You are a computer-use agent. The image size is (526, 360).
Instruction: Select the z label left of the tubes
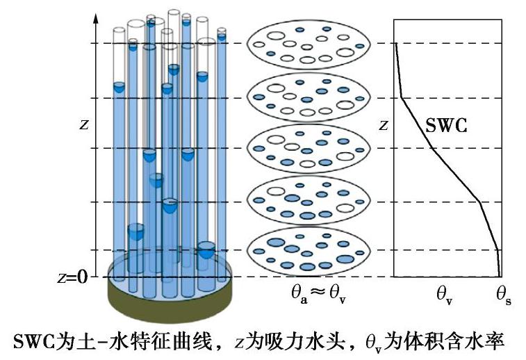84,124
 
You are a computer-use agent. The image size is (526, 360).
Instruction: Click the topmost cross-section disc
308,44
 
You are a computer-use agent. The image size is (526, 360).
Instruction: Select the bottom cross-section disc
308,253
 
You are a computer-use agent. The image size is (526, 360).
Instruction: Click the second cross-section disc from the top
308,97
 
